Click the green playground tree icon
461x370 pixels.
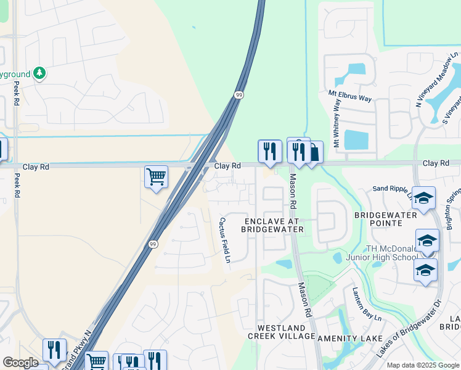coord(39,73)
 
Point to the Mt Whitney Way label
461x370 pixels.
coord(337,123)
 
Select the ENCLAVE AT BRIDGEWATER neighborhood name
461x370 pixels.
coord(272,225)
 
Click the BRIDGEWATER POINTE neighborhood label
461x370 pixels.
coord(386,219)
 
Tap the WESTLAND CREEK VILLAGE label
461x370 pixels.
coord(281,332)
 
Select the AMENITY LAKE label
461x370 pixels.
coord(345,339)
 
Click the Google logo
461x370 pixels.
coord(20,363)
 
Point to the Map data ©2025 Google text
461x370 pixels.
coord(422,365)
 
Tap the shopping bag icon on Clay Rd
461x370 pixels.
coord(314,152)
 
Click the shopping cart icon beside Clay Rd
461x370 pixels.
coord(157,176)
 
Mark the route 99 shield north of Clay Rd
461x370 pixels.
coord(239,94)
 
